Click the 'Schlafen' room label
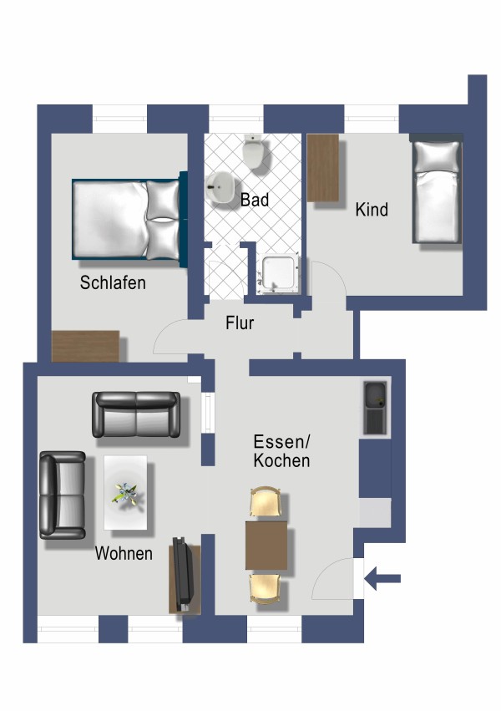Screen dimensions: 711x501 coord(113,282)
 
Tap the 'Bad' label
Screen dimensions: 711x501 coord(254,201)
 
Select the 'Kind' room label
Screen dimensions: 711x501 coord(372,210)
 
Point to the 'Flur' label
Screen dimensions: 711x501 coord(240,323)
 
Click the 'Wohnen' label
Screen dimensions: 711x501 coord(124,553)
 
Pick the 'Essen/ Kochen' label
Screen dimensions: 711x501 coord(281,451)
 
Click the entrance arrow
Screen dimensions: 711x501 coord(383,578)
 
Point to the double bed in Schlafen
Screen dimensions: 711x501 coord(127,218)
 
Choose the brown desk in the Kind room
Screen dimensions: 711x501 coord(323,167)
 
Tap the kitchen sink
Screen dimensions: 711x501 coord(375,408)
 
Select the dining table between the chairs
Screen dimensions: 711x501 coord(266,544)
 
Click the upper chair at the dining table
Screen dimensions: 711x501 coord(266,504)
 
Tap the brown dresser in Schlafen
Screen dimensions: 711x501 coord(85,346)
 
